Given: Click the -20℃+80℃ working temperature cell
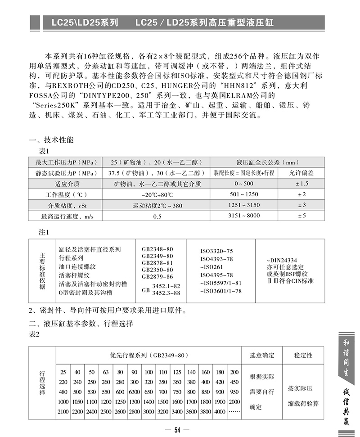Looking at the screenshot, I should pos(157,194).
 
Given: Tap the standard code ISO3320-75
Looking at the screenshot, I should pos(216,252).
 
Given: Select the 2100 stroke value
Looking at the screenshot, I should pos(63,412).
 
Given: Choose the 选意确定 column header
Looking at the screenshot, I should pos(262,355).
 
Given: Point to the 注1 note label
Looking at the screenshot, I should pos(47,232).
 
